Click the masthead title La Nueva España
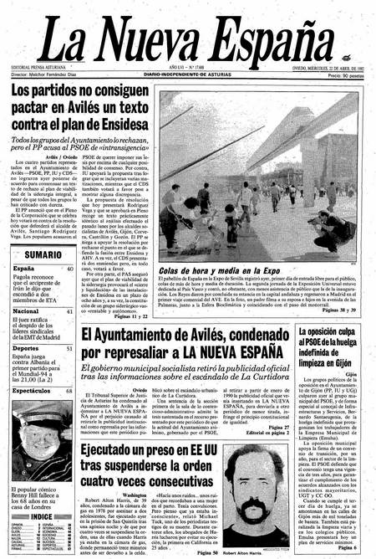(x=187, y=37)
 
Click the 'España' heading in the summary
(x=24, y=269)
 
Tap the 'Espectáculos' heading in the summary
(x=32, y=389)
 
